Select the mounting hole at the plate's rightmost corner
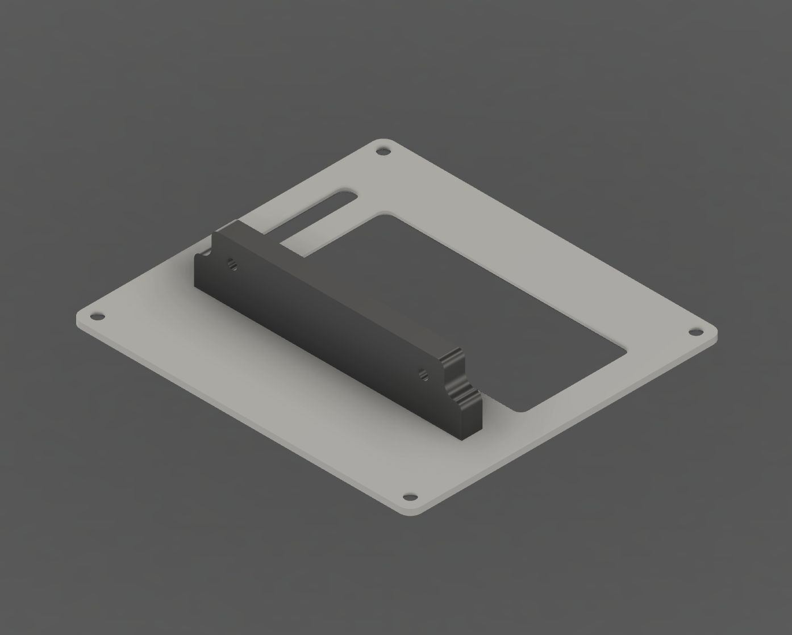pos(694,331)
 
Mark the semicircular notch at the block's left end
pos(206,256)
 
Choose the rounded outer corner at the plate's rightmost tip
pos(714,333)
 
